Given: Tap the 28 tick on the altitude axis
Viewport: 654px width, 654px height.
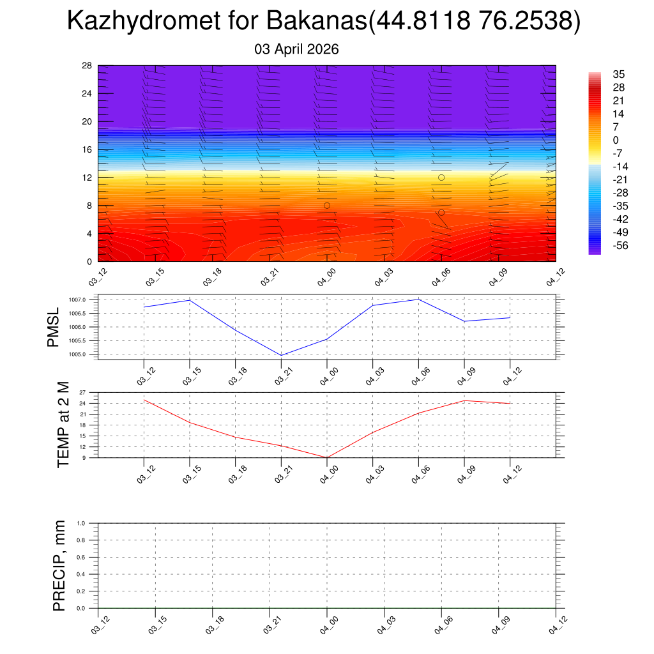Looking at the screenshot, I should pos(87,66).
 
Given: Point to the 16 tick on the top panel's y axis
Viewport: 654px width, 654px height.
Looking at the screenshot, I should pos(87,149).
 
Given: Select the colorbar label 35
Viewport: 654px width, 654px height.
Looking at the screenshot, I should pos(618,74).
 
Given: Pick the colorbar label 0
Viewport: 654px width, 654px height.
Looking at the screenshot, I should pos(616,140).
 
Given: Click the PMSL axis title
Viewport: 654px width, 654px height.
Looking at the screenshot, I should pos(54,327).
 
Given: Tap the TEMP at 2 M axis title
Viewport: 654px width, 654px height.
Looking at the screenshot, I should pos(63,425).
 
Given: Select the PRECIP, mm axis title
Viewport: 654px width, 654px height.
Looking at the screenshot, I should pos(59,565).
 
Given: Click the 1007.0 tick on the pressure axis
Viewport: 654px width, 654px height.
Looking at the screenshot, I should pos(86,300).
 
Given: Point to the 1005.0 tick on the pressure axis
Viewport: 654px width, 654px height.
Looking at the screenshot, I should pos(86,354).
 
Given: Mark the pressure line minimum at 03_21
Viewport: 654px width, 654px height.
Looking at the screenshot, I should pos(282,355).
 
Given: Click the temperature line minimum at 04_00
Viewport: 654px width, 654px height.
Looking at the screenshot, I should pos(327,457).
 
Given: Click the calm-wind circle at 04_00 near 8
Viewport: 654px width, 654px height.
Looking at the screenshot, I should pos(327,206).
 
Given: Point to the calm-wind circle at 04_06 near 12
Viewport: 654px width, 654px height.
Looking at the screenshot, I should pos(441,178).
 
